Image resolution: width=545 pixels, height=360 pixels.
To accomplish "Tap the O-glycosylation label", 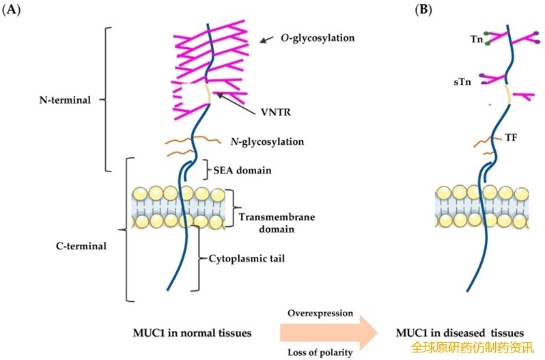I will point(318,38).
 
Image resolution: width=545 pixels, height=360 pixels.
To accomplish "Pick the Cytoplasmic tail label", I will point(246,260).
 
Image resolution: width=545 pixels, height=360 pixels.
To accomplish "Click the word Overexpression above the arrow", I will point(320,314).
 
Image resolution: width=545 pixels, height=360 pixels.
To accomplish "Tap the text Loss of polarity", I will point(320,352).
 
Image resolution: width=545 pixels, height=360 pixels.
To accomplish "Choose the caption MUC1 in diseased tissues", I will point(449,333).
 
